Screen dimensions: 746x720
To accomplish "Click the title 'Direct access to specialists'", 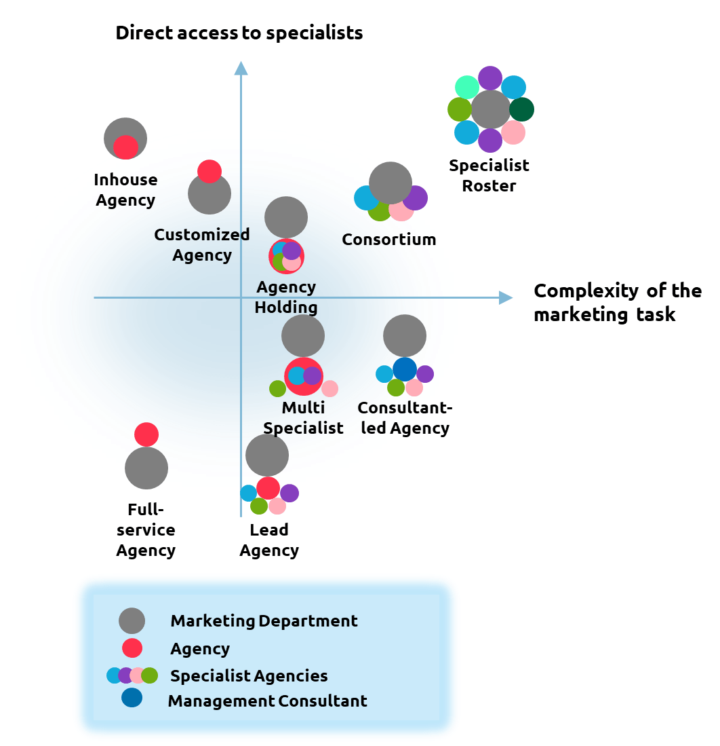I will (x=239, y=33).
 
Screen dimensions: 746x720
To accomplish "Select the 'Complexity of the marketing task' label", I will (x=617, y=303).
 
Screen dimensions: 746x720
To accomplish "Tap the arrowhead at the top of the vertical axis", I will (x=241, y=67).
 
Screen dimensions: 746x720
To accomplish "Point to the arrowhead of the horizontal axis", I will (x=506, y=297).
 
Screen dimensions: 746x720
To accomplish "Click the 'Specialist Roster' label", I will (x=489, y=175).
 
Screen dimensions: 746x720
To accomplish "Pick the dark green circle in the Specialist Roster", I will (x=521, y=109).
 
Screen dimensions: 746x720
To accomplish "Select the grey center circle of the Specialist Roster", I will (x=490, y=109).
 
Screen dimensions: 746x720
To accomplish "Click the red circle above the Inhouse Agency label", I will (x=125, y=147).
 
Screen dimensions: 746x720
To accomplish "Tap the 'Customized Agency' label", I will (x=202, y=244).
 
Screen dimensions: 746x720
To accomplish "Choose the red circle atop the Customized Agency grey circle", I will (x=209, y=171).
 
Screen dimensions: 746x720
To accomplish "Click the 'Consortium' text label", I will (x=388, y=240).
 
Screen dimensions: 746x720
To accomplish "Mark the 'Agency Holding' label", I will (x=286, y=297).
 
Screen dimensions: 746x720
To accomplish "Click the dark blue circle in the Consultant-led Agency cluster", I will (x=405, y=369).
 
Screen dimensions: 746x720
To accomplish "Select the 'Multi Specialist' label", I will (x=303, y=417).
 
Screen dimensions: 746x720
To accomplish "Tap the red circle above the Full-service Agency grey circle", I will (x=146, y=434).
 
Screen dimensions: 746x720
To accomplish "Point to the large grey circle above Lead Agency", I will (x=267, y=455).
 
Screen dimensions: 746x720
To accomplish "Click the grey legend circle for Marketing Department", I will (x=132, y=620).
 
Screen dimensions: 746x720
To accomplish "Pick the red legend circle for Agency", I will (x=132, y=648).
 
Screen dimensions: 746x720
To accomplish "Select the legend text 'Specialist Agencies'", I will (x=249, y=676).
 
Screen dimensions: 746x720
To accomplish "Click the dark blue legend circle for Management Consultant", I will (x=132, y=698).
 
